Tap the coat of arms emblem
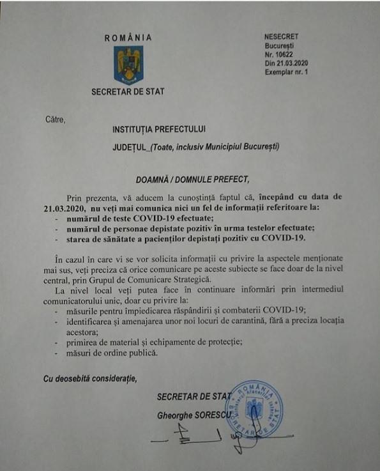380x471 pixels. [x=129, y=65]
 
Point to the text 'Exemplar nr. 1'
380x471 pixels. [x=286, y=72]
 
